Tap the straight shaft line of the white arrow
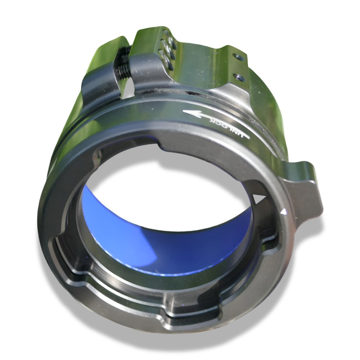[220, 124]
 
